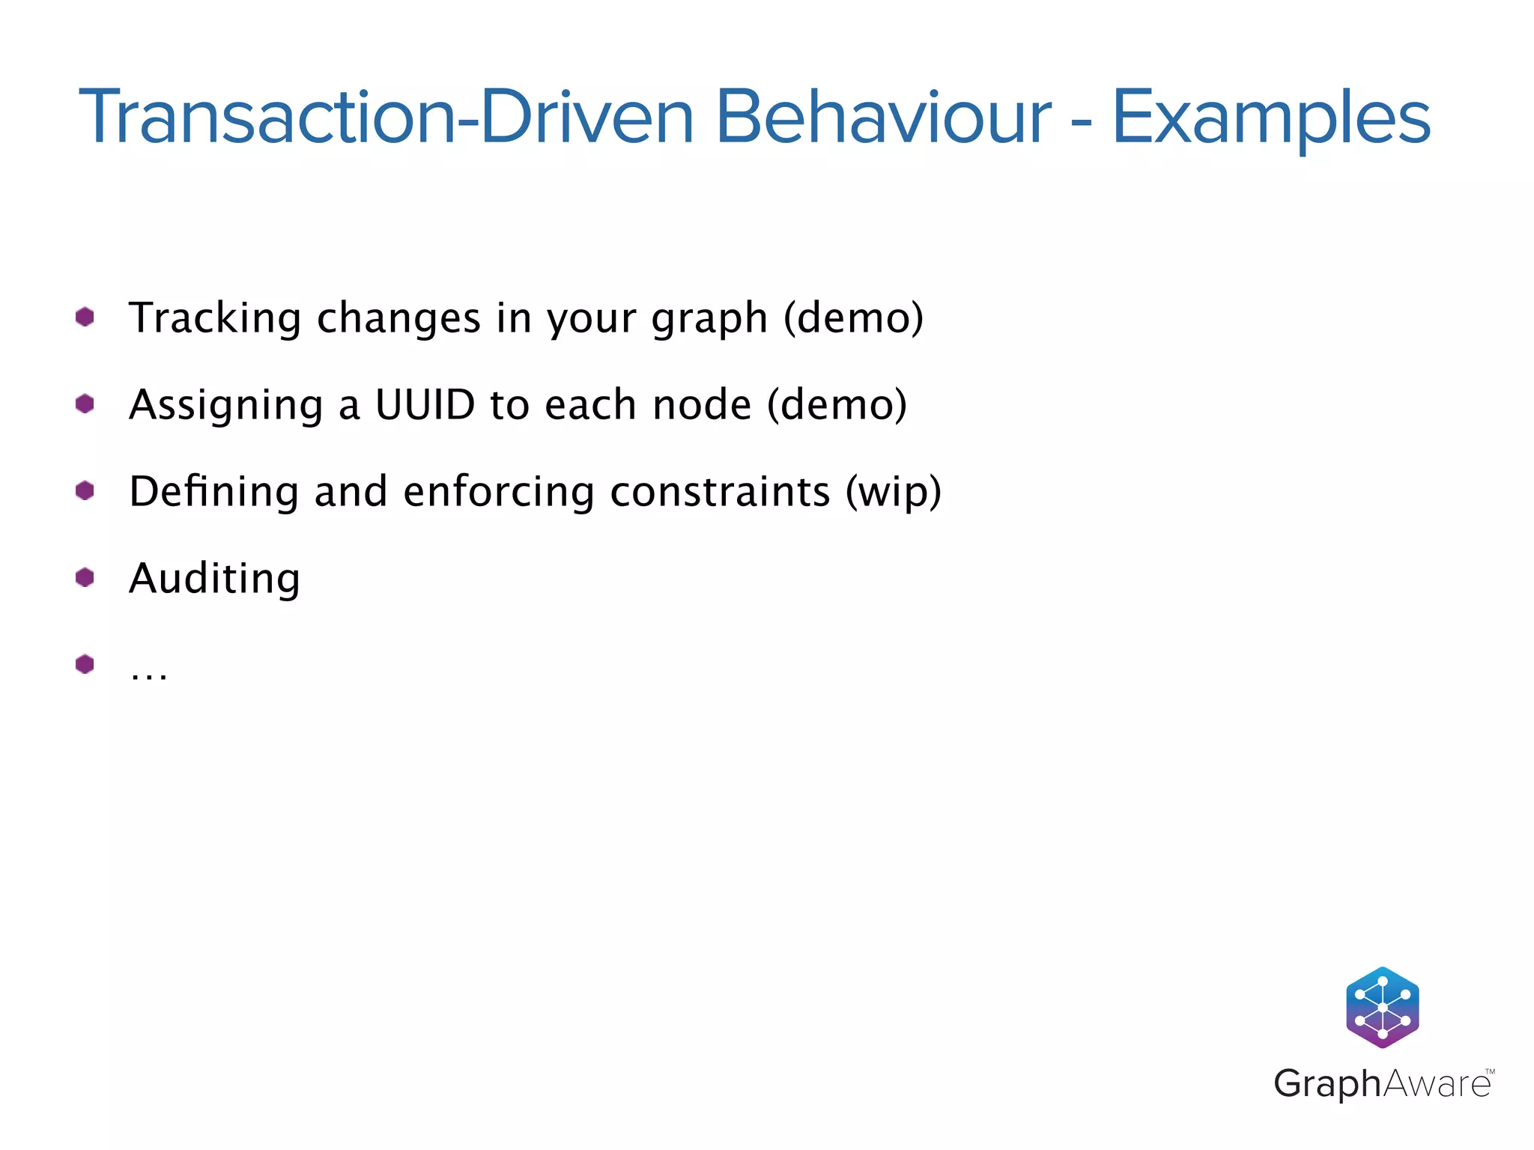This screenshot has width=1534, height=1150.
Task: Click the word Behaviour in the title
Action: click(x=883, y=118)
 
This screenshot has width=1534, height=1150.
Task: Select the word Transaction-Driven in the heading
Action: click(x=386, y=118)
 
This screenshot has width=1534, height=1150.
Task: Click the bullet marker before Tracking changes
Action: click(x=85, y=317)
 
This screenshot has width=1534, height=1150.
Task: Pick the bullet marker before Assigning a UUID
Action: click(x=85, y=404)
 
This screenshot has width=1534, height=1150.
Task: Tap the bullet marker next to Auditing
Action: click(x=85, y=577)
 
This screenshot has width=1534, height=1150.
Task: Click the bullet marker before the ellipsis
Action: click(x=85, y=664)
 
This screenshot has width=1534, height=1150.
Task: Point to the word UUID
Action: click(x=425, y=404)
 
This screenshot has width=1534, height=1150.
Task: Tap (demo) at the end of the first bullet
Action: click(x=853, y=317)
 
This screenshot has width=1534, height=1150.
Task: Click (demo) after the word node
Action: click(x=837, y=404)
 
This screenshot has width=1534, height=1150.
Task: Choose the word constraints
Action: click(x=720, y=492)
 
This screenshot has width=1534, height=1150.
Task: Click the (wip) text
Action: click(x=893, y=493)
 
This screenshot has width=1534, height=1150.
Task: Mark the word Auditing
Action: click(x=214, y=579)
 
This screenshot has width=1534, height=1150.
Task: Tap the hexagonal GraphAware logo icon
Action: click(x=1382, y=1007)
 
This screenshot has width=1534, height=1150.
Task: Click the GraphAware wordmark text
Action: click(x=1382, y=1083)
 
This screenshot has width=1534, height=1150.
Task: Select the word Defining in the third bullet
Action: click(x=214, y=491)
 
